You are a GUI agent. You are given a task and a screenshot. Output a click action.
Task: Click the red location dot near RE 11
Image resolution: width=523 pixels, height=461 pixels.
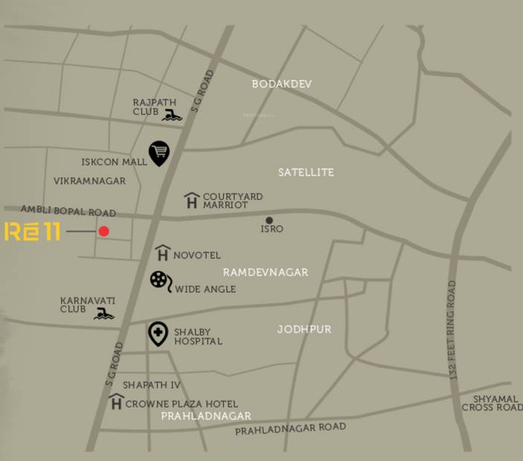pos(104,231)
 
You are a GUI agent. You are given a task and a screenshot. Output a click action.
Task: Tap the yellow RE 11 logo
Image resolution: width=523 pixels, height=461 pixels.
pos(32,231)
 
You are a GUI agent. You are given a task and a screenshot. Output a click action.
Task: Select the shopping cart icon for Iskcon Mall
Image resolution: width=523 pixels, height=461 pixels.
pos(158,153)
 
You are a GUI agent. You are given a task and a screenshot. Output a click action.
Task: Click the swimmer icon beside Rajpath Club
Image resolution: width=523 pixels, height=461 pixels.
pos(173,115)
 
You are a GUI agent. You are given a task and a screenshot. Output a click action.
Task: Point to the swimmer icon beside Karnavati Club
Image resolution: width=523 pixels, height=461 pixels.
pos(104,313)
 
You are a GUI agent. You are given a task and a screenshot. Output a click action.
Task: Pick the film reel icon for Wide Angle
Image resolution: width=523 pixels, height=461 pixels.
pos(161,280)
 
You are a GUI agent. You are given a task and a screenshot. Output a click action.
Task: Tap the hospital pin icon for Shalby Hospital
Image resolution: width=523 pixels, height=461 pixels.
pos(158,334)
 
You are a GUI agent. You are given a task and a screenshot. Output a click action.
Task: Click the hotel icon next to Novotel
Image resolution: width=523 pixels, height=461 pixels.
pos(163,254)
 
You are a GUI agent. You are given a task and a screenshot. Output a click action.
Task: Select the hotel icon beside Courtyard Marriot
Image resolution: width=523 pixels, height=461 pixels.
pos(192,200)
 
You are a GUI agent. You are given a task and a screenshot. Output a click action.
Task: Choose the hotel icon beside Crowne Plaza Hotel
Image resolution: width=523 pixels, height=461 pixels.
pos(115,402)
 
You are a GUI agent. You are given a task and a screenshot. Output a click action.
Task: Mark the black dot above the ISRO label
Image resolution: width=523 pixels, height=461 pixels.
pos(269,220)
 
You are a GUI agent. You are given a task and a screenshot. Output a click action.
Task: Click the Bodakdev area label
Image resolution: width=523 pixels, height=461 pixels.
pos(282,84)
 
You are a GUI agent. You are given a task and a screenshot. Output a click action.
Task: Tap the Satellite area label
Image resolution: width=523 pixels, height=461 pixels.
pos(306,173)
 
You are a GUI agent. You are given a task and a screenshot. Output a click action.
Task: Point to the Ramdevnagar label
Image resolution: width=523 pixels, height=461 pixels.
pos(266,273)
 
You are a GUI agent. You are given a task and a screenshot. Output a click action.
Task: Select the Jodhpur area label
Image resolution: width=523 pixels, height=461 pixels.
pos(304,329)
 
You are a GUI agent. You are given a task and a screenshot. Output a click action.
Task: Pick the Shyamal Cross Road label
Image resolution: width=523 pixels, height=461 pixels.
pos(492,402)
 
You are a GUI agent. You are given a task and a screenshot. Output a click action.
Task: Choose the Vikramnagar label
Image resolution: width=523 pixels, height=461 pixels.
pos(89,181)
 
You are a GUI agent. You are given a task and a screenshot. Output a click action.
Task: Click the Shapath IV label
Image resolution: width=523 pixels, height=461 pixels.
pos(152,385)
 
